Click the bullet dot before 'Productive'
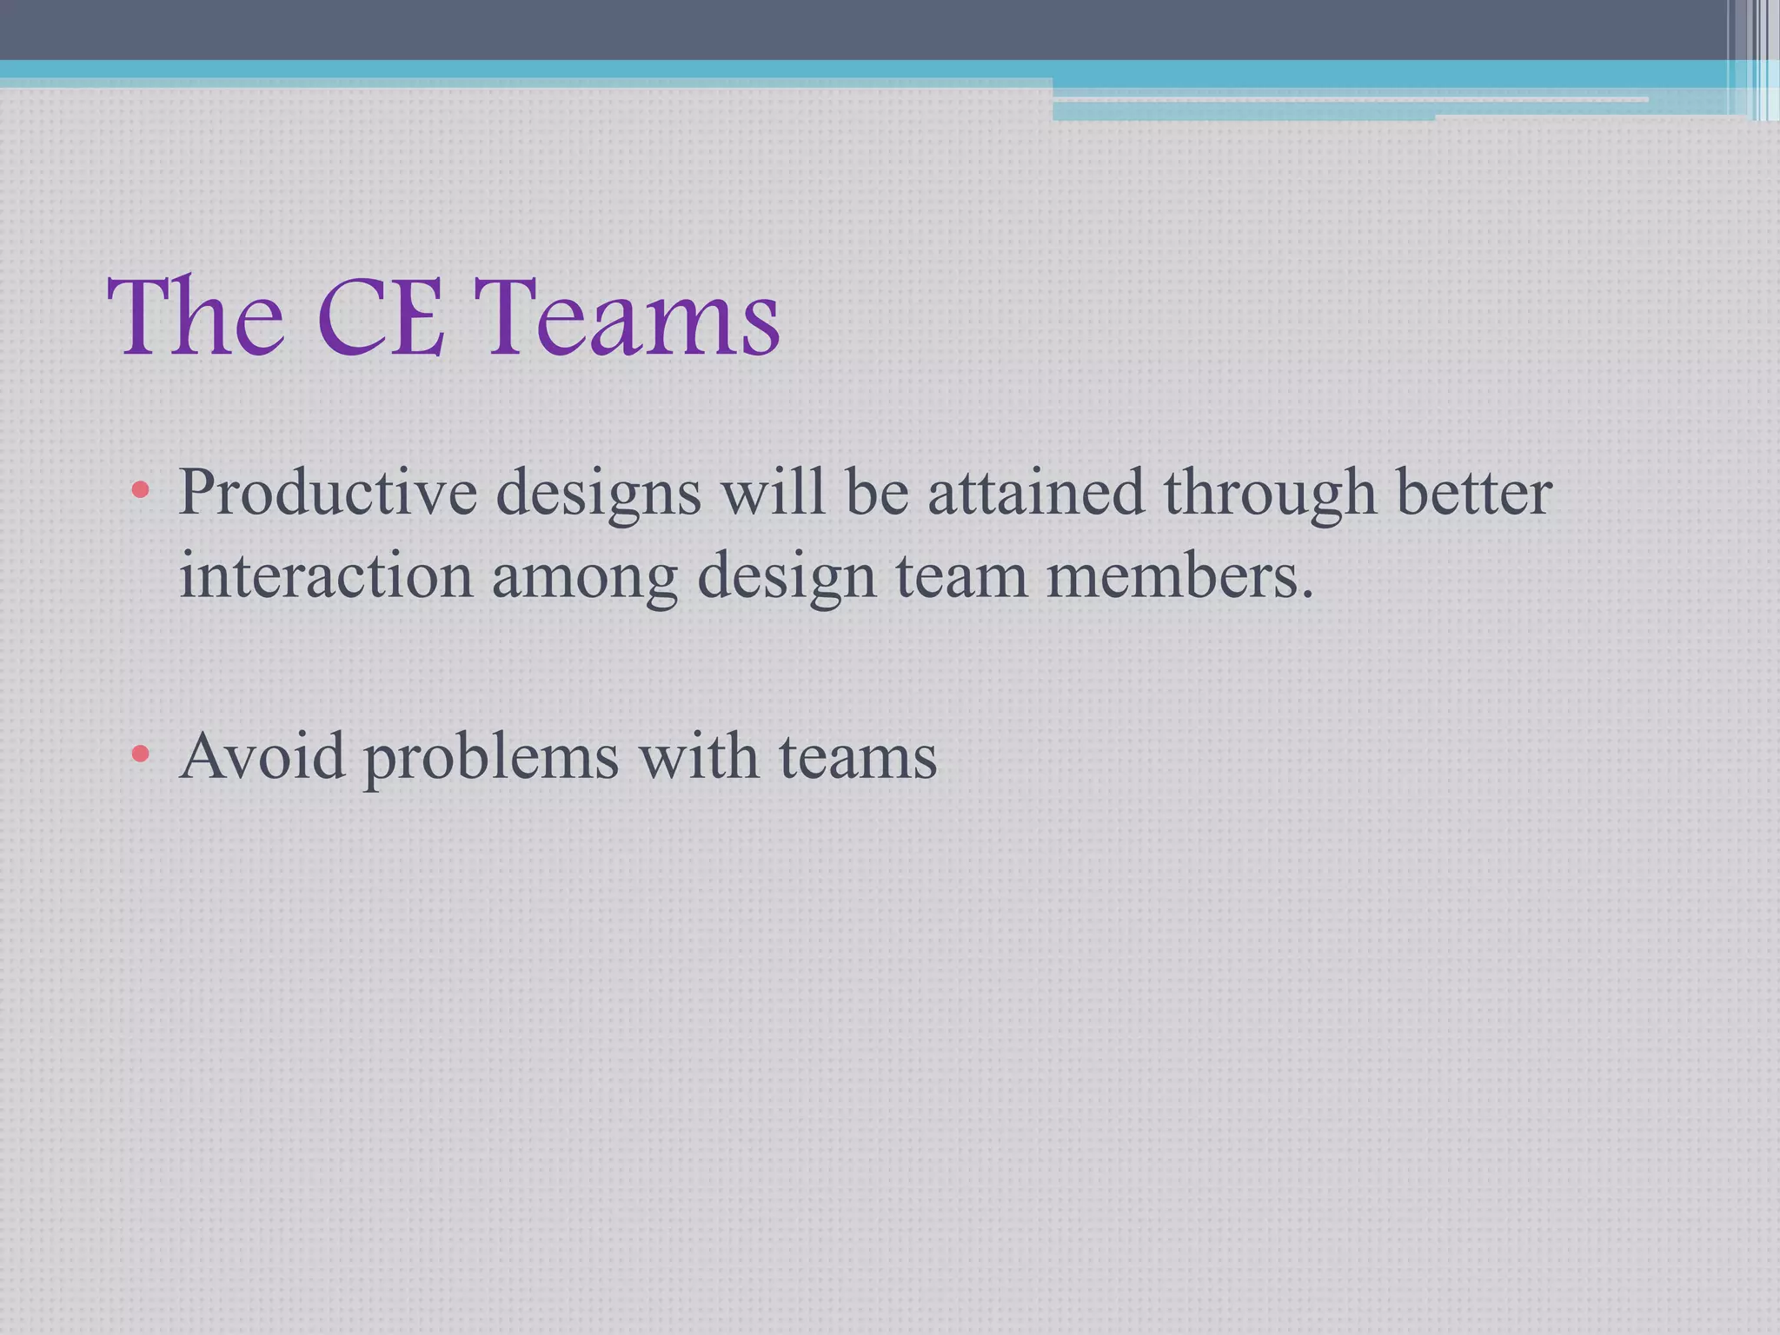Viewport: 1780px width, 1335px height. tap(140, 491)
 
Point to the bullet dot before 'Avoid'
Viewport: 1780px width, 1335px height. tap(140, 754)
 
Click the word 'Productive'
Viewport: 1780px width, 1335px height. tap(328, 492)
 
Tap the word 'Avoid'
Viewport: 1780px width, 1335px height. tap(262, 754)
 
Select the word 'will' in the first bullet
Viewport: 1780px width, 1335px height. tap(773, 492)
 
